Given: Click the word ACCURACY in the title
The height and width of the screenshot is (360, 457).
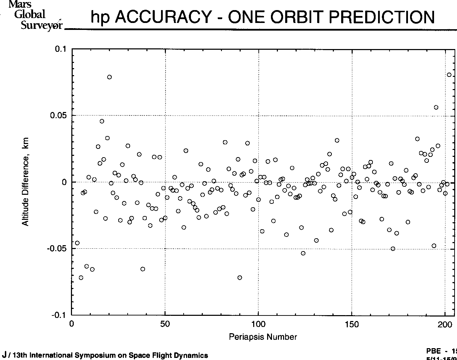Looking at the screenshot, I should click(162, 17).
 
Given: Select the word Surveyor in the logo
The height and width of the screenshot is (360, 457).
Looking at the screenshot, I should click(41, 25).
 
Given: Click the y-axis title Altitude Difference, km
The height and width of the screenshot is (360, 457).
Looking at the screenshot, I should click(25, 182).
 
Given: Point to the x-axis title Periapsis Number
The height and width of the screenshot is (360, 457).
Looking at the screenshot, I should click(263, 337).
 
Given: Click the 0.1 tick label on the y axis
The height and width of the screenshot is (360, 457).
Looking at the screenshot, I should click(61, 49).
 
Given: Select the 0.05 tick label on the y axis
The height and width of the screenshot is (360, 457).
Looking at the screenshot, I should click(58, 115).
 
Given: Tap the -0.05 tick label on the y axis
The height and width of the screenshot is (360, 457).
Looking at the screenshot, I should click(57, 249).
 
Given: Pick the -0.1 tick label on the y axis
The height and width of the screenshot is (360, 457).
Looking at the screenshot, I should click(59, 315).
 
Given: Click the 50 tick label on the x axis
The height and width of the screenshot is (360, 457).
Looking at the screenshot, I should click(165, 324).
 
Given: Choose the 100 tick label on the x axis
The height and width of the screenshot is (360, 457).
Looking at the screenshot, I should click(258, 324).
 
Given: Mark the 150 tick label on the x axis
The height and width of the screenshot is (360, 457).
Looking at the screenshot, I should click(352, 324).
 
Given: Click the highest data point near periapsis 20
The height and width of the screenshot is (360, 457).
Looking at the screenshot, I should click(109, 77).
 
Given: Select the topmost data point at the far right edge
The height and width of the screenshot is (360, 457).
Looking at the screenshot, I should click(449, 75).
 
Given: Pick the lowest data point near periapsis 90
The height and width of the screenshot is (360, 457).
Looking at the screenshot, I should click(240, 278).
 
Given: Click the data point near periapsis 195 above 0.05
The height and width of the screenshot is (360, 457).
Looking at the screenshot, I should click(436, 107).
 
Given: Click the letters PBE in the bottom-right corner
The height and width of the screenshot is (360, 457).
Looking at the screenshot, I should click(433, 351).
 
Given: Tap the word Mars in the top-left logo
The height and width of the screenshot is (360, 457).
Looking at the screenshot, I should click(20, 5).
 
